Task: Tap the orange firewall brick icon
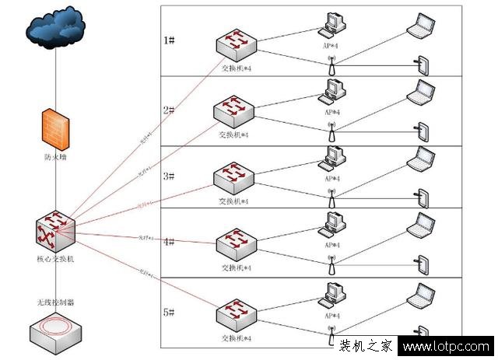(56, 128)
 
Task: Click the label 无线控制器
(55, 301)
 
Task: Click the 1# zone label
(170, 40)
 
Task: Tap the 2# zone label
(170, 110)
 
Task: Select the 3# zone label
(170, 176)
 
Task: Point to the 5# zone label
(170, 312)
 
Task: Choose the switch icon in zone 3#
(235, 178)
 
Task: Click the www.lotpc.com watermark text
(447, 348)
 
